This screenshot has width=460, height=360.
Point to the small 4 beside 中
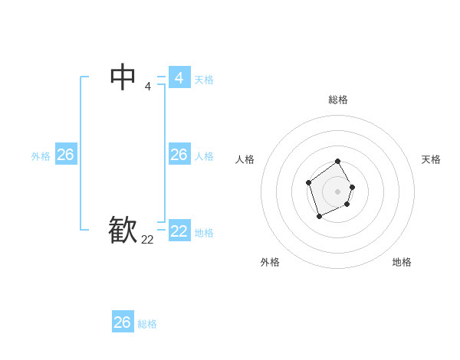coord(147,87)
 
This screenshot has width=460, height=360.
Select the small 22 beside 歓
coord(147,240)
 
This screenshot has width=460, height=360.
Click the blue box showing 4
coord(179,78)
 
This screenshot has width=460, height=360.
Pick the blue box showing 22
coord(179,231)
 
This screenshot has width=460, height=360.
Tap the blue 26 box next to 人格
coord(179,155)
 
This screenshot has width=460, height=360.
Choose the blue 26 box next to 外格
coord(66,155)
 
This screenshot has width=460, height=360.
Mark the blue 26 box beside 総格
coord(123,322)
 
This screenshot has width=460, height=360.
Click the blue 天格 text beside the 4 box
coord(204,80)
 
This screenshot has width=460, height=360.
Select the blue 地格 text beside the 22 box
coord(204,233)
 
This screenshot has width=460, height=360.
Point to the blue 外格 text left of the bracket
coord(41,156)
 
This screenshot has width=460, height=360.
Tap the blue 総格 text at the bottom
coord(147,324)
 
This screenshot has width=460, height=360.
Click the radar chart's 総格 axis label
coord(338,100)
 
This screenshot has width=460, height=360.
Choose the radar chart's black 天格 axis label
coord(431,159)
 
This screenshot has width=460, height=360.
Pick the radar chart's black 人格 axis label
coord(245,159)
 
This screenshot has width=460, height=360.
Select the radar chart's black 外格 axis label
coord(270,262)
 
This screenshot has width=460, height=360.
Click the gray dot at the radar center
coord(337,191)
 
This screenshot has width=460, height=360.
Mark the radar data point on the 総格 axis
coord(337,162)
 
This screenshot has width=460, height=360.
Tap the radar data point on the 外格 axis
coord(320,217)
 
